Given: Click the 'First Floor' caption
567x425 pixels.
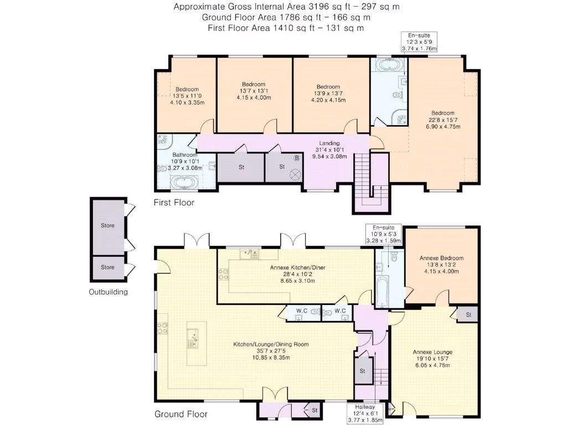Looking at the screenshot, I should (x=174, y=203).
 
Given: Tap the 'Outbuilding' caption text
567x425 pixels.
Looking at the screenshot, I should (x=109, y=292).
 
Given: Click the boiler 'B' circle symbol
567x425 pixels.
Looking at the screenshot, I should (x=297, y=158).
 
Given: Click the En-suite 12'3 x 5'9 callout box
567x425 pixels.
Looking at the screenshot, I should (x=419, y=42).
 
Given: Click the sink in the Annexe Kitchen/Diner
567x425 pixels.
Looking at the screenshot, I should (x=249, y=254).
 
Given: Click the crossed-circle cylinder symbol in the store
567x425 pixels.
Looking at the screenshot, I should (x=295, y=175).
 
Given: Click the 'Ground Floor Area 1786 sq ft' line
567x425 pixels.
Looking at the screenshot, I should (x=286, y=17).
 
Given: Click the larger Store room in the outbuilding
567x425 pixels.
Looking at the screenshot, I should (x=107, y=225).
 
